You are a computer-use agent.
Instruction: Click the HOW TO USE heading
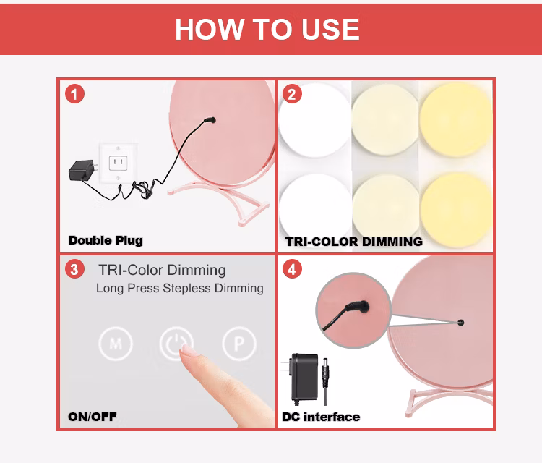[x=267, y=30]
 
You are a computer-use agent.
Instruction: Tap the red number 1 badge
[x=74, y=94]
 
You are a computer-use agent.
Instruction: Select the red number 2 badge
[x=292, y=94]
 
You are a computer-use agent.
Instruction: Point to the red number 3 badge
[x=74, y=269]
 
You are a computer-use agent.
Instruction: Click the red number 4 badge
[x=292, y=269]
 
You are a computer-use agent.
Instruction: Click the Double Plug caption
[x=106, y=240]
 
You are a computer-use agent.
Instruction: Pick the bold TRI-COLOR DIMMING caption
[x=354, y=242]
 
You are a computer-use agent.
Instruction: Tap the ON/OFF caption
[x=93, y=417]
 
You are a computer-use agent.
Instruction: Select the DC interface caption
[x=321, y=417]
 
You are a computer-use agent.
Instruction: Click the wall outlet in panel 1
[x=118, y=163]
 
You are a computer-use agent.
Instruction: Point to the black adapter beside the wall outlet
[x=82, y=169]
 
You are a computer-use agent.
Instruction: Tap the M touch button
[x=116, y=344]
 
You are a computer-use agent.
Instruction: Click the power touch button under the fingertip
[x=176, y=343]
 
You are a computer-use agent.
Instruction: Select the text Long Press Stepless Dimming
[x=180, y=288]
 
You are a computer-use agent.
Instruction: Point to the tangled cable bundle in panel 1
[x=144, y=190]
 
